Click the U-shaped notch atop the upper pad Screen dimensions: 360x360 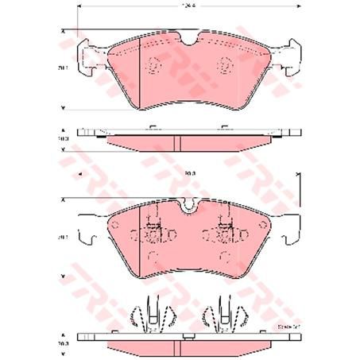click(x=188, y=37)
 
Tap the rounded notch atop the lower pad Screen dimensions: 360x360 click(x=188, y=207)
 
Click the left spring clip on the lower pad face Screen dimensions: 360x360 click(x=152, y=230)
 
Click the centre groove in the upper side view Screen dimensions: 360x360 click(x=174, y=141)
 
